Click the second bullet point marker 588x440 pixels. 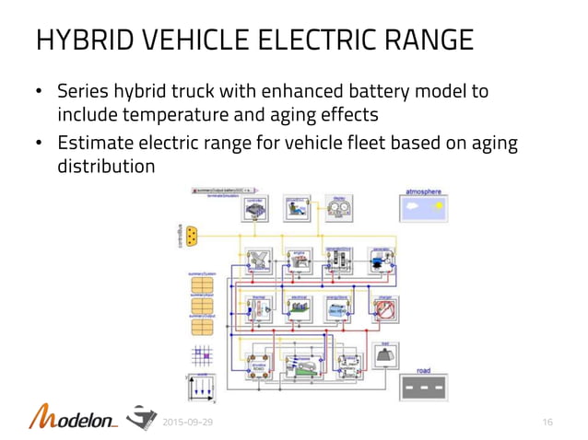pyautogui.click(x=39, y=145)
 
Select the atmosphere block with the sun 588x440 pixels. pyautogui.click(x=423, y=211)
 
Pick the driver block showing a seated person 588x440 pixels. pyautogui.click(x=297, y=209)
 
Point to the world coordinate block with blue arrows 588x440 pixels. pyautogui.click(x=201, y=389)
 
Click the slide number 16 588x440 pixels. pyautogui.click(x=547, y=422)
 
